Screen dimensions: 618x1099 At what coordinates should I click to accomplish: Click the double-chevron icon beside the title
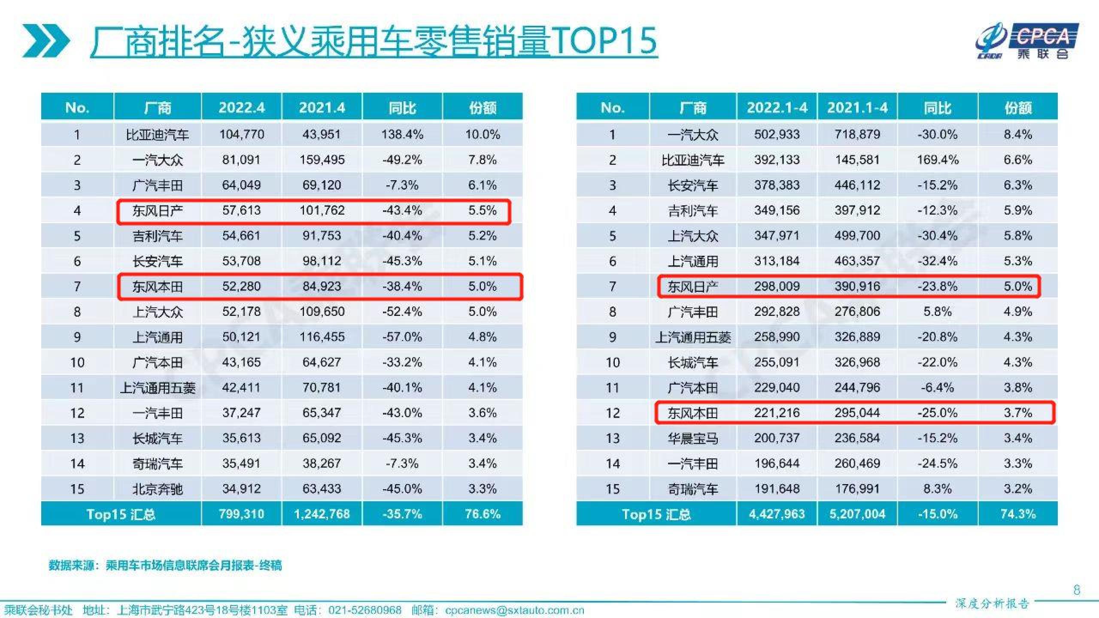[x=46, y=41]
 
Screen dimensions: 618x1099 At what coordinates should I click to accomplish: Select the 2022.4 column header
[x=241, y=107]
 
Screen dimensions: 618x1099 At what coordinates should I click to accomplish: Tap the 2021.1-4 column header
[x=857, y=107]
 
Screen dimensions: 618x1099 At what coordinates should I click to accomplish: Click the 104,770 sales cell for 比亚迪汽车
[x=241, y=135]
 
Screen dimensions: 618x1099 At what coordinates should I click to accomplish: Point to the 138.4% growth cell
[x=402, y=135]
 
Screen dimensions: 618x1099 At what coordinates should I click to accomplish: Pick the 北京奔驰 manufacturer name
[x=158, y=489]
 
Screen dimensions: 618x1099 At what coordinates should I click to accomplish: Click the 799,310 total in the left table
[x=241, y=514]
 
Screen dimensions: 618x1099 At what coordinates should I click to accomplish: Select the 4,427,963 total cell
[x=777, y=514]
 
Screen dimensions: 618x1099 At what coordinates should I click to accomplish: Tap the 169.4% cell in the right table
[x=938, y=160]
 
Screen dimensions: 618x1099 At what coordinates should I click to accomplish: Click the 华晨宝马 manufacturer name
[x=692, y=438]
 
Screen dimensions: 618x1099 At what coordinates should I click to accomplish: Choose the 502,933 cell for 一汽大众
[x=777, y=135]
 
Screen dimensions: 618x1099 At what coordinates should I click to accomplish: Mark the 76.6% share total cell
[x=483, y=514]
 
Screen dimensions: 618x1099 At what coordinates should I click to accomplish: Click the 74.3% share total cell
[x=1018, y=514]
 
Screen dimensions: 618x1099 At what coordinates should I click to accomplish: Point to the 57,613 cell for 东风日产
[x=241, y=210]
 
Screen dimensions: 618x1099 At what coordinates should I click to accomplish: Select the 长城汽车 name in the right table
[x=692, y=363]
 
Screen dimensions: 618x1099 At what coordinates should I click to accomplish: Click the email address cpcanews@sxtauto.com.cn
[x=514, y=610]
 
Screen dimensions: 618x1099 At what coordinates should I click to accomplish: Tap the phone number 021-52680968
[x=364, y=610]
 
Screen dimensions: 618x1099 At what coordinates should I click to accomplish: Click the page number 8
[x=1076, y=590]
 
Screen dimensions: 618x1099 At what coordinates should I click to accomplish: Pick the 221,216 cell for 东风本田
[x=777, y=413]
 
